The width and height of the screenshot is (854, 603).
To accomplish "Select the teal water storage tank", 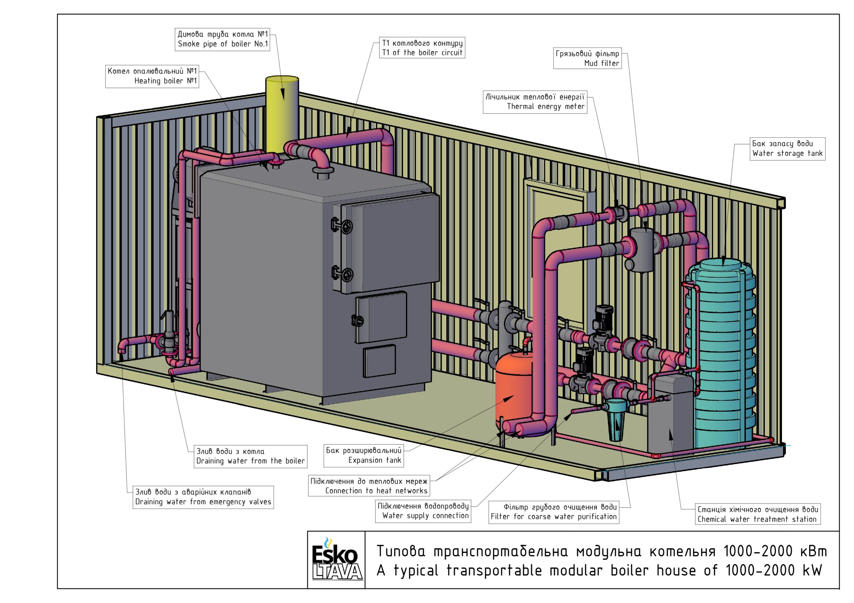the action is pyautogui.click(x=722, y=353).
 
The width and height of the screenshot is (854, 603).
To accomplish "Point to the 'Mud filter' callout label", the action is pyautogui.click(x=588, y=58).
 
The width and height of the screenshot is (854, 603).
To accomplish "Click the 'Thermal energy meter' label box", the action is pyautogui.click(x=535, y=102).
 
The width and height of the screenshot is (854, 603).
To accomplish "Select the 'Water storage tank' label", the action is pyautogui.click(x=787, y=149).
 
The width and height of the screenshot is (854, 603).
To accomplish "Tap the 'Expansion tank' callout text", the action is pyautogui.click(x=364, y=456).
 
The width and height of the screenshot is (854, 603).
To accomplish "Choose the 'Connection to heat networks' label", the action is pyautogui.click(x=369, y=486).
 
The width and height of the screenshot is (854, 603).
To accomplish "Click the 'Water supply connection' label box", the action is pyautogui.click(x=423, y=511).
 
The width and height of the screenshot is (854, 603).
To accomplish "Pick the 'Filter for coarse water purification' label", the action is pyautogui.click(x=554, y=512).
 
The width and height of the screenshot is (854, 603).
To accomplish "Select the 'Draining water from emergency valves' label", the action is pyautogui.click(x=203, y=497).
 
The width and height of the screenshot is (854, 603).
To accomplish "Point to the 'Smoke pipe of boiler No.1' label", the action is pyautogui.click(x=223, y=39).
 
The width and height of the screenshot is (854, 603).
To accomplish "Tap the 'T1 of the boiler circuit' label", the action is pyautogui.click(x=423, y=48).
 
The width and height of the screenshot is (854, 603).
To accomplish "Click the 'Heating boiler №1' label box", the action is pyautogui.click(x=152, y=76).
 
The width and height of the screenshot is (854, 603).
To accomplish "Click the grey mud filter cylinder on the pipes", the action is pyautogui.click(x=641, y=250).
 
